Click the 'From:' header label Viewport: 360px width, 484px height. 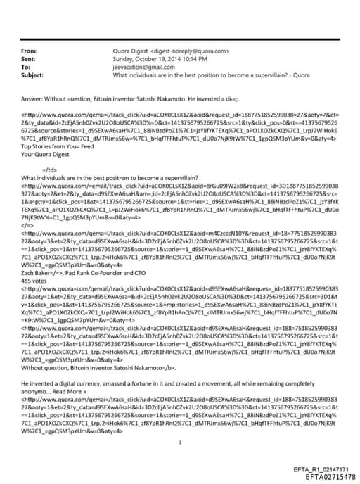click(30, 51)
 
